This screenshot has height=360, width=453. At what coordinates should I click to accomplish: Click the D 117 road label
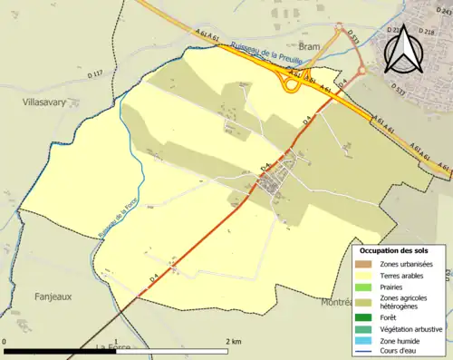[x=95, y=72]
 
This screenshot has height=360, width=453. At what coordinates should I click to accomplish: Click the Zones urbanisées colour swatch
[x=365, y=264]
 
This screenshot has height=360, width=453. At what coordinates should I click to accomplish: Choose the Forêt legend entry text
[x=390, y=317]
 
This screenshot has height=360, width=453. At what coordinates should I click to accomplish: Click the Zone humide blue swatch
[x=365, y=339]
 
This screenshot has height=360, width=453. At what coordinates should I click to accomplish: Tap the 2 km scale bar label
[x=233, y=341]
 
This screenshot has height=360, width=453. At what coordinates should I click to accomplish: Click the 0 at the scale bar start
[x=5, y=341]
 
